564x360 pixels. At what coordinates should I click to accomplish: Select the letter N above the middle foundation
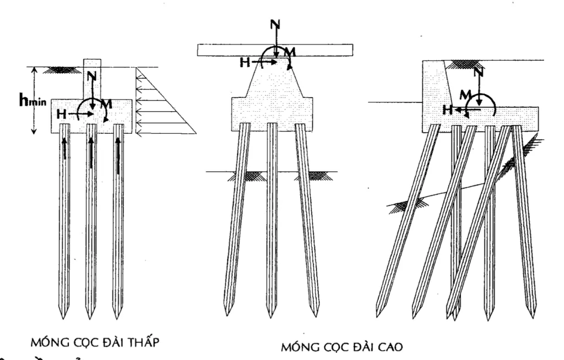coord(274,25)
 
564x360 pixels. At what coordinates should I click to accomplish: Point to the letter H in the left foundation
coord(62,114)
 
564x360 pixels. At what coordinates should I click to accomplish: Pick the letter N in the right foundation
coord(479,72)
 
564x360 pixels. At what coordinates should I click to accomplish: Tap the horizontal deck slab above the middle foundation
coord(275,50)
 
